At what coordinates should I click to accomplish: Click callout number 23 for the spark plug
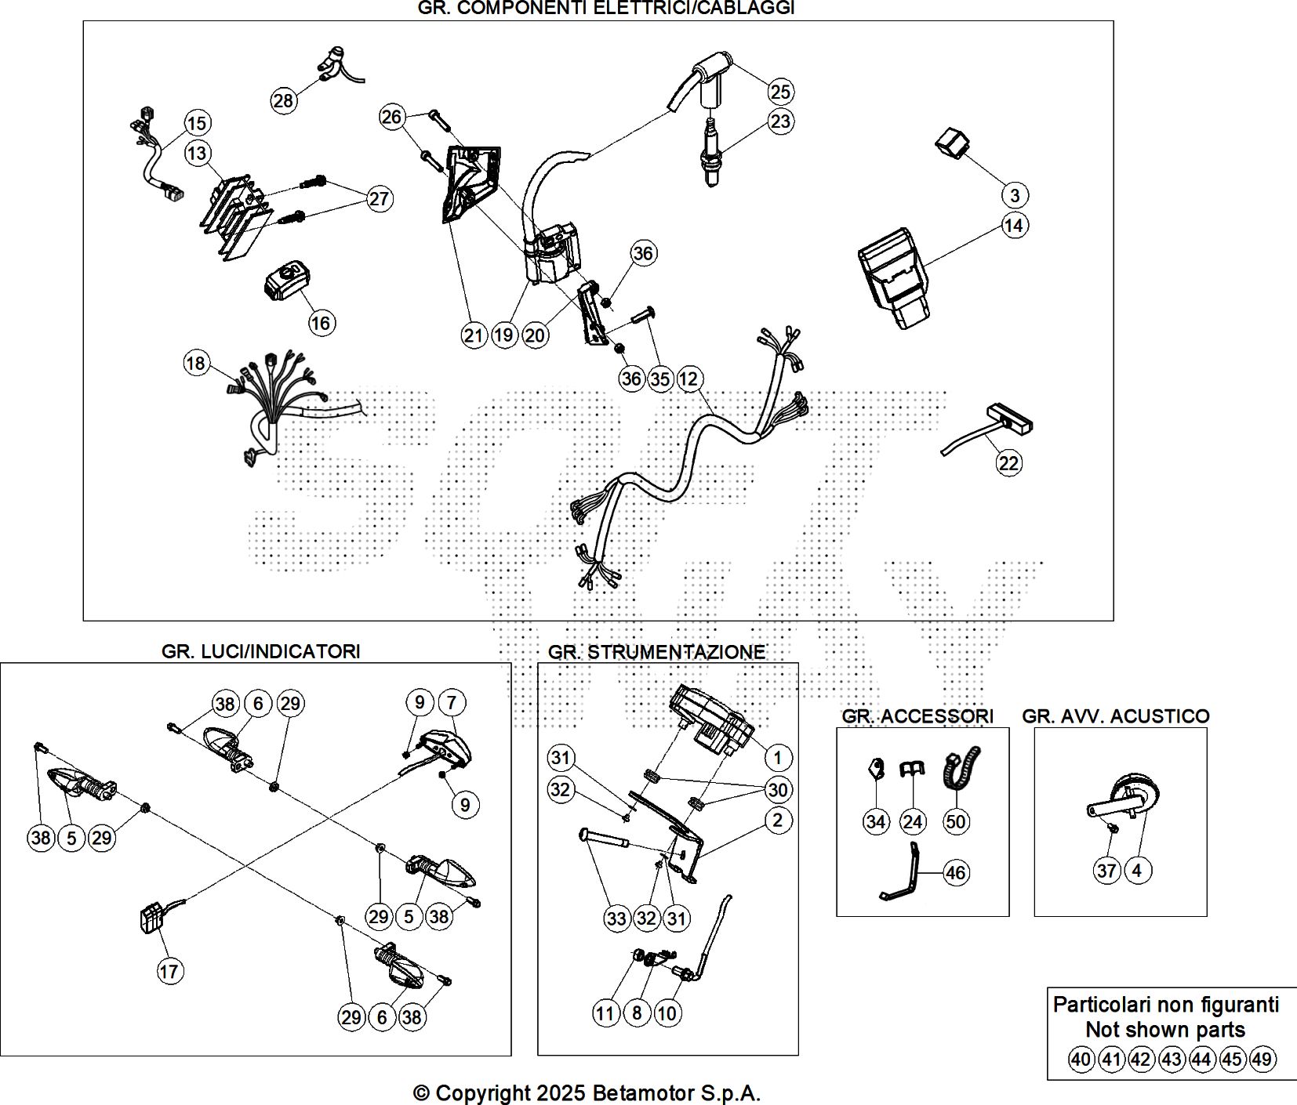(x=780, y=121)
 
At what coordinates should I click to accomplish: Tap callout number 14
(x=1014, y=226)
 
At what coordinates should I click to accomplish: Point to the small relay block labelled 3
(x=952, y=145)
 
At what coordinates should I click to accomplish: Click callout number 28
(x=283, y=100)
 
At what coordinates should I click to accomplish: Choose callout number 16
(x=322, y=323)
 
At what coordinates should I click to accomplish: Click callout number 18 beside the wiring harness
(x=196, y=363)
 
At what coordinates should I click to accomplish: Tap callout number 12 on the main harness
(x=688, y=379)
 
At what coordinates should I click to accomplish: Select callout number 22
(x=1008, y=463)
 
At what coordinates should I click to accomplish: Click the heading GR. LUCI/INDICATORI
(x=260, y=651)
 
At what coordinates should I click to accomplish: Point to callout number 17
(x=169, y=972)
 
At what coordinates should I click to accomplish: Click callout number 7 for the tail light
(x=451, y=703)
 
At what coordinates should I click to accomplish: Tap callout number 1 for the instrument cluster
(x=777, y=758)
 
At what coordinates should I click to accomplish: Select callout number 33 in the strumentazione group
(x=616, y=918)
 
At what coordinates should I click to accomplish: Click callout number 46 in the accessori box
(x=955, y=872)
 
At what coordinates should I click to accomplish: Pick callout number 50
(x=956, y=821)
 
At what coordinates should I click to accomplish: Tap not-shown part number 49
(x=1262, y=1060)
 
